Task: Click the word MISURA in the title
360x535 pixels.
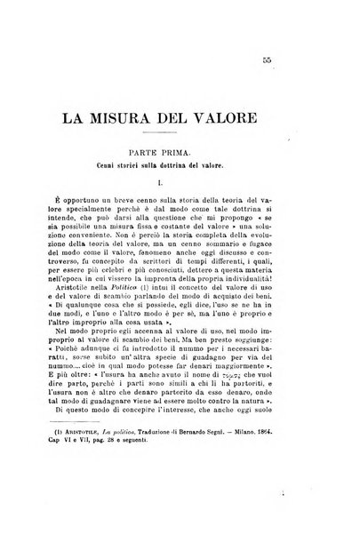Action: coord(159,118)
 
